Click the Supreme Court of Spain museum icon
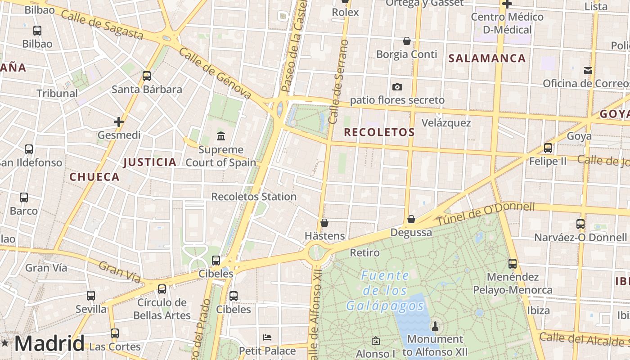click(221, 136)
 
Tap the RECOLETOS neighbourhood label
click(379, 132)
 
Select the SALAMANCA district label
click(487, 58)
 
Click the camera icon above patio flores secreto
click(397, 87)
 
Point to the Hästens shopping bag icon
click(324, 223)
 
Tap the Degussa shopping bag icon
click(411, 219)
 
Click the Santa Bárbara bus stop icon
click(146, 76)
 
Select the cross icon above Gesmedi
click(119, 121)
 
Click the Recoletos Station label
click(254, 197)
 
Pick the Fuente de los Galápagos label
click(385, 291)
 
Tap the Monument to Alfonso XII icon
click(435, 325)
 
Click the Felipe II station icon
click(548, 148)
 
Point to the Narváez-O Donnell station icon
click(580, 224)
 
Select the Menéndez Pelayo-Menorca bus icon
click(513, 264)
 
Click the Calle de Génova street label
click(215, 73)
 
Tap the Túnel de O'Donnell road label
click(486, 214)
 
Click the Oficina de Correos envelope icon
click(588, 70)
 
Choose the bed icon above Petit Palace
click(267, 337)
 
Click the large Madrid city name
click(49, 343)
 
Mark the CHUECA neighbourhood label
click(94, 177)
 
